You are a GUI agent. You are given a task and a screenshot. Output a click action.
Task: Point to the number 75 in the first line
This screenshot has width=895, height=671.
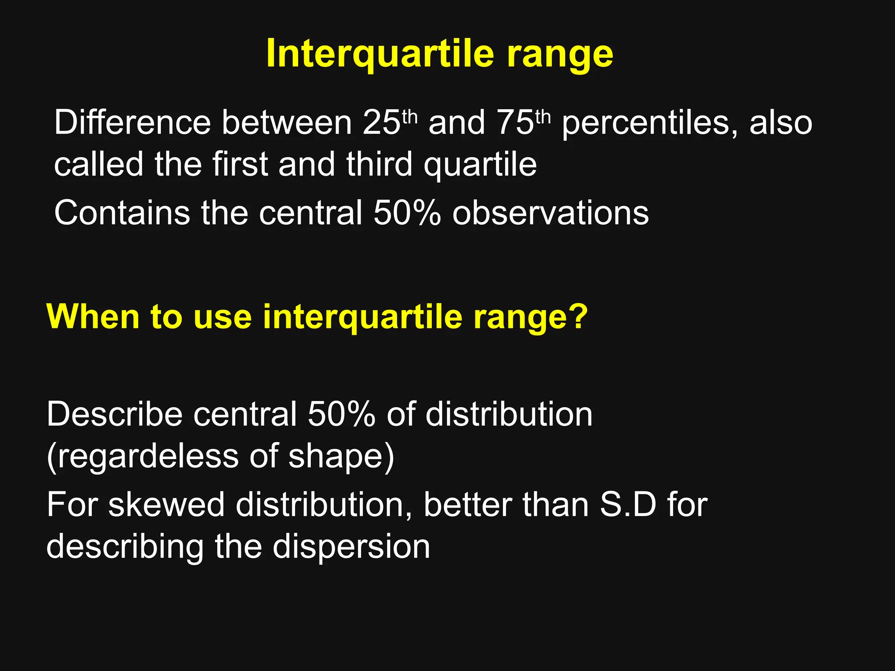(x=515, y=123)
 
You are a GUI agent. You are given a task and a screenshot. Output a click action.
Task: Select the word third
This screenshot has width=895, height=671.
(x=379, y=165)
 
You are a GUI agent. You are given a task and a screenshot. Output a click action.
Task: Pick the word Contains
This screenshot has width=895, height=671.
(x=122, y=213)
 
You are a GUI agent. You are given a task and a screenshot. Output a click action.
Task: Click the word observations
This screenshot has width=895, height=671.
(x=550, y=213)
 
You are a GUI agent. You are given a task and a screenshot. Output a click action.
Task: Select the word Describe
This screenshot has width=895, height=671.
(x=114, y=414)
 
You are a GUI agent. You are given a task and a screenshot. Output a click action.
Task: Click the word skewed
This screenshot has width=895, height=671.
(x=167, y=505)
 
